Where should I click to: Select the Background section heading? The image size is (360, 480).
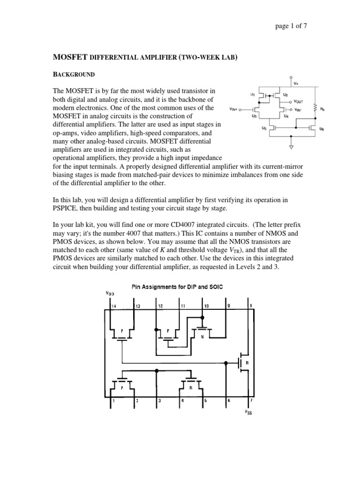click(x=75, y=75)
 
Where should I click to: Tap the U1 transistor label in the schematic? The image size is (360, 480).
click(x=253, y=95)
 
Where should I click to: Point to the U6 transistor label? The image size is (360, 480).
click(x=321, y=127)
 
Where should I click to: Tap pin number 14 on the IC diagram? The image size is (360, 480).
click(x=113, y=306)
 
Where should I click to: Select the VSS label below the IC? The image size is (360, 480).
click(x=249, y=412)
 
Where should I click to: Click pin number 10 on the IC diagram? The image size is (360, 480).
click(x=205, y=306)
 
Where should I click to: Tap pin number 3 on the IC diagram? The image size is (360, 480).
click(x=160, y=401)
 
